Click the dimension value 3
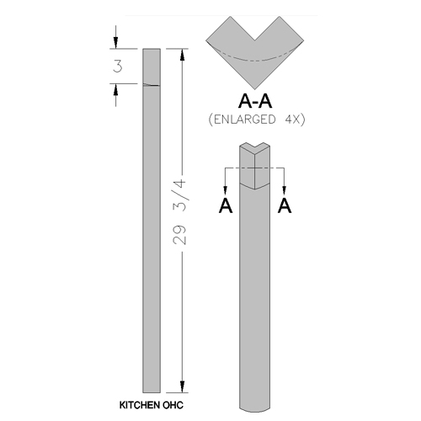point(118,67)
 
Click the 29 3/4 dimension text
point(180,212)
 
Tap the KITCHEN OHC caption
point(152,405)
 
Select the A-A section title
point(255,101)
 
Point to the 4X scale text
point(292,120)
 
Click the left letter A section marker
point(226,205)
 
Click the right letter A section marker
point(285,205)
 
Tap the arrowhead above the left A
point(225,190)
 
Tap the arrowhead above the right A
point(285,190)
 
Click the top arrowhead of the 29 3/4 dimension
point(183,55)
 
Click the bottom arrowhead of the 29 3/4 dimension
point(183,387)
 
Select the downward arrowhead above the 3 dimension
point(115,43)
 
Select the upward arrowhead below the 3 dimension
point(115,89)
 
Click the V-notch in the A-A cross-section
point(255,40)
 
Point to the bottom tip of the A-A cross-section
point(255,89)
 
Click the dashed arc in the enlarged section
point(255,61)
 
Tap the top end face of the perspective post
point(254,148)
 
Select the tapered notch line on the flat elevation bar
point(152,85)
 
